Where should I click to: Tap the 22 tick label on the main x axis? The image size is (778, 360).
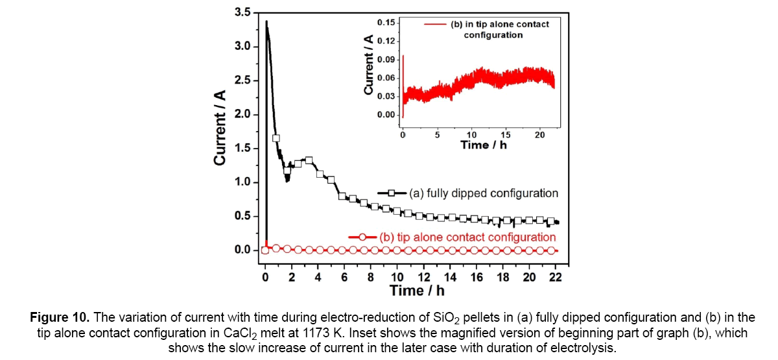coord(555,277)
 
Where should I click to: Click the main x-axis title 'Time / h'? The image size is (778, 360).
coord(417,290)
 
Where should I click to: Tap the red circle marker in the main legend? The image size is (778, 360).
coord(364,237)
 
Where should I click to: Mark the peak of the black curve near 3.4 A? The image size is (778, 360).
coord(266,22)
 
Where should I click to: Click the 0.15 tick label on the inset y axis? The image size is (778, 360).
coord(386,23)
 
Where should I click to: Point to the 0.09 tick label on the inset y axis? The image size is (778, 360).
coord(386,60)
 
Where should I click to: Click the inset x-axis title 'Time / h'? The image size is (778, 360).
coord(483,145)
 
